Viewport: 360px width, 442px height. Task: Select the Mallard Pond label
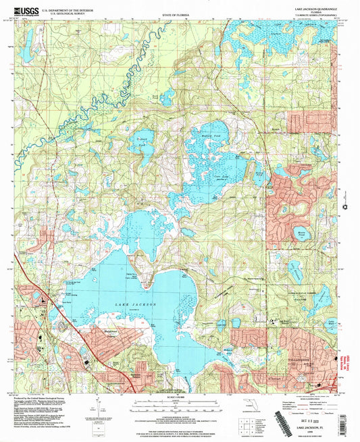click(x=212, y=136)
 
